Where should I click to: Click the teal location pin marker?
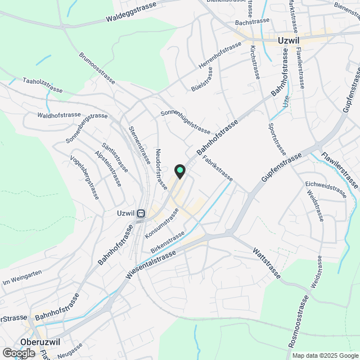pos(180,171)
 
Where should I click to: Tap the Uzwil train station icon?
pos(141,213)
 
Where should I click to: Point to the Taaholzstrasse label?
pos(42,85)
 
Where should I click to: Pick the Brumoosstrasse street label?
pos(98,69)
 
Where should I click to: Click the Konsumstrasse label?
pos(161,222)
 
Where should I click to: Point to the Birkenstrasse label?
pos(168,242)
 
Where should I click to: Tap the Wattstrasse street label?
pos(266,263)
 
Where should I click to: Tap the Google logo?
pos(19,353)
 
